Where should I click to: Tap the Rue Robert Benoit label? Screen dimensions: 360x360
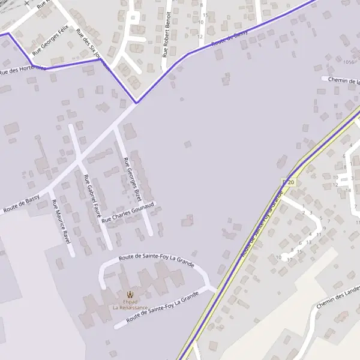(166, 34)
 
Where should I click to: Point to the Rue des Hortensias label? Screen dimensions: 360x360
(23, 70)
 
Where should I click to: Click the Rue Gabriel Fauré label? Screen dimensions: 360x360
(92, 196)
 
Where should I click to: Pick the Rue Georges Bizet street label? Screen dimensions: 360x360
(131, 178)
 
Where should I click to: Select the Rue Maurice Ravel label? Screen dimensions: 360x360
(61, 221)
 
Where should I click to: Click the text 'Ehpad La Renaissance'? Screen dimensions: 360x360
(130, 304)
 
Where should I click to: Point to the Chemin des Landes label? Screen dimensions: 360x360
(338, 298)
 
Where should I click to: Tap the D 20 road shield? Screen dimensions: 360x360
(289, 182)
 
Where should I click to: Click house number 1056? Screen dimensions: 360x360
(349, 62)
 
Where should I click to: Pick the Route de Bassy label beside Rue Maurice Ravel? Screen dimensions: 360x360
(22, 203)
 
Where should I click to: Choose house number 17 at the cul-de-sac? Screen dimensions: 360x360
(290, 259)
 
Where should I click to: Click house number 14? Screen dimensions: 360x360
(349, 190)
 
